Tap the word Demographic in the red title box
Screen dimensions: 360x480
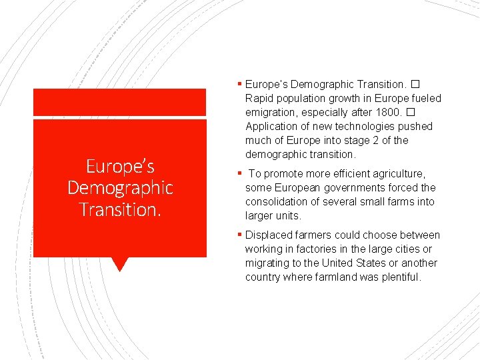[120, 188]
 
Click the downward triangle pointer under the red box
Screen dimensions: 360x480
[119, 264]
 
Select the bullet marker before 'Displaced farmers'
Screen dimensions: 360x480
[240, 235]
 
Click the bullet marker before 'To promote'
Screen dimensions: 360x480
[240, 174]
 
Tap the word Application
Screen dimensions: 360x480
[272, 127]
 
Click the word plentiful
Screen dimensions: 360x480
[402, 277]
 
